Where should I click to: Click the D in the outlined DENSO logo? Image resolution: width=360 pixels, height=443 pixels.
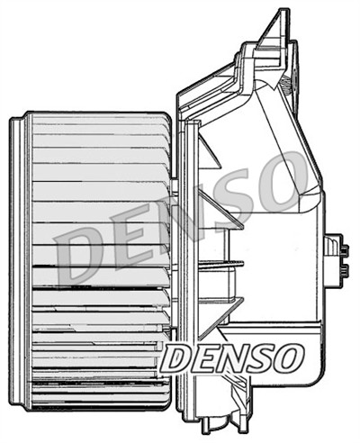pos(176,358)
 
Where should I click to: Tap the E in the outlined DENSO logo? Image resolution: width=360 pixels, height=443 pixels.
pos(203,358)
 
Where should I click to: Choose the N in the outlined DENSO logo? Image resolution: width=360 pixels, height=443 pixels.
pos(231,358)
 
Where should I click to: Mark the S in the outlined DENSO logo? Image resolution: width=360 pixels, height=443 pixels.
pos(259,358)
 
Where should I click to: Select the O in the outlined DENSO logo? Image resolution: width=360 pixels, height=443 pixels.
pos(286,358)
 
